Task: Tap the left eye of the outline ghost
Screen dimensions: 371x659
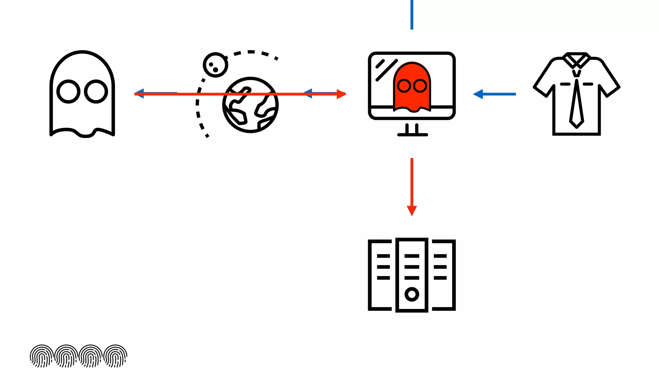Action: [68, 91]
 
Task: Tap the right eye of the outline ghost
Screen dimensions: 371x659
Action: [96, 91]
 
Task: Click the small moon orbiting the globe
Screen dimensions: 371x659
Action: [215, 65]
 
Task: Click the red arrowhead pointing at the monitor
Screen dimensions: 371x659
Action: [341, 94]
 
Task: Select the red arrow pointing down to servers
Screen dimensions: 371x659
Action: [412, 187]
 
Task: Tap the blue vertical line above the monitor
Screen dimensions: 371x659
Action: [412, 14]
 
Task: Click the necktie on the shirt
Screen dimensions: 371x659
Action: [577, 103]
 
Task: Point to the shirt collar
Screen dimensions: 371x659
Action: [577, 60]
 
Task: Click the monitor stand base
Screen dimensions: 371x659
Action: [413, 135]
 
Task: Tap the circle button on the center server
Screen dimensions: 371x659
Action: [412, 294]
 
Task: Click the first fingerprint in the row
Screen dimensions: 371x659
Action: [42, 356]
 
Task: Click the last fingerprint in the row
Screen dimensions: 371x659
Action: [116, 356]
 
